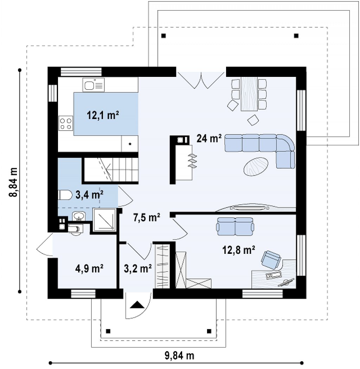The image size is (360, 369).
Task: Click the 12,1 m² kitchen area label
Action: [103, 115]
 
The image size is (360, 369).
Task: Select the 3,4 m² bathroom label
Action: [89, 195]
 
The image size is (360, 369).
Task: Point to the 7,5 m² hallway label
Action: [147, 217]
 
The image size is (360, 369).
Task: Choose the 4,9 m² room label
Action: [89, 268]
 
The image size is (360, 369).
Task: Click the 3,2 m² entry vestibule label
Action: [138, 268]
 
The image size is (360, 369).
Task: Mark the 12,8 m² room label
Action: [239, 250]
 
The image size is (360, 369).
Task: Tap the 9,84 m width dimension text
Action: [180, 355]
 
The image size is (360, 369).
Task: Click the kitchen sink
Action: [93, 85]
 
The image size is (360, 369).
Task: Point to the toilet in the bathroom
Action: [65, 195]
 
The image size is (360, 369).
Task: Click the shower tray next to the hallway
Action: [105, 219]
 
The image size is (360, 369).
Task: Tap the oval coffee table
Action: [256, 166]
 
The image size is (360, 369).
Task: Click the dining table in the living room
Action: [249, 94]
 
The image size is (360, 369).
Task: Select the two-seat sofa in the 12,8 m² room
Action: [235, 226]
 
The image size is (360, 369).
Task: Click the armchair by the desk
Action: [271, 259]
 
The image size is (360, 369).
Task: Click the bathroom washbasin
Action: [78, 216]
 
